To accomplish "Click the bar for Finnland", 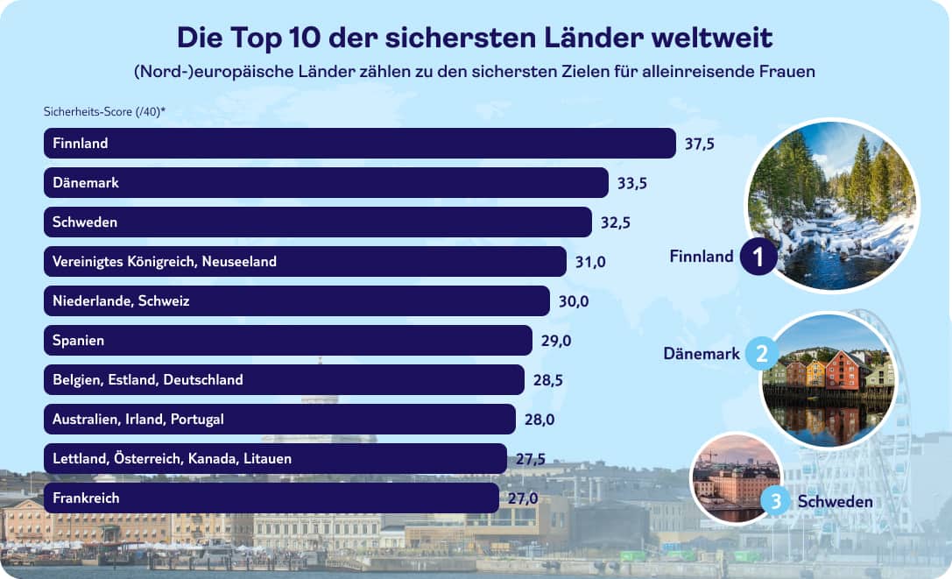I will (359, 144).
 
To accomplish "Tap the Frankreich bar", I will (271, 498).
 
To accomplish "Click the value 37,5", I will (700, 144).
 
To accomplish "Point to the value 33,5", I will (631, 183).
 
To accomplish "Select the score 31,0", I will (590, 262).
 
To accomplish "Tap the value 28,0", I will (539, 420).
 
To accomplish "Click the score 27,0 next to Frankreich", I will (522, 498).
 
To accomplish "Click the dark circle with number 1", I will (758, 258).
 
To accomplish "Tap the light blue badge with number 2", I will (761, 355).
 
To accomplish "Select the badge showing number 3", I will (775, 501).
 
